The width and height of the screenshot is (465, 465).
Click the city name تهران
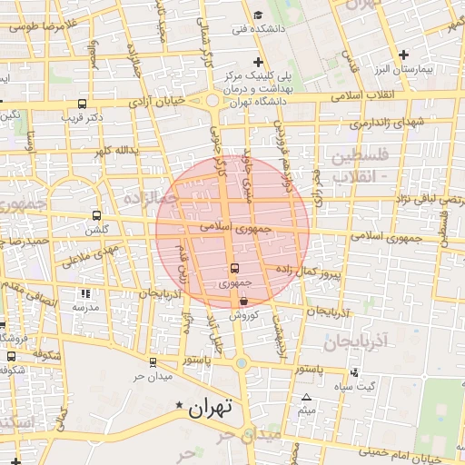212,408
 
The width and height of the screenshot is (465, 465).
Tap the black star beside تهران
180,405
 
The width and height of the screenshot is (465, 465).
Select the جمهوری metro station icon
234,268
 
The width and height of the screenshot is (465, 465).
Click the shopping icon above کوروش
244,302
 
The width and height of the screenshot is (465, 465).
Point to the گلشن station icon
96,216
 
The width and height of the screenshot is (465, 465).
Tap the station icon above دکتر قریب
83,104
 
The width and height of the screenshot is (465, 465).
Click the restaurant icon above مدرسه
85,293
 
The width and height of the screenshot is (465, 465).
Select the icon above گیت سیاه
353,372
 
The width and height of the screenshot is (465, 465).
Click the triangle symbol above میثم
306,398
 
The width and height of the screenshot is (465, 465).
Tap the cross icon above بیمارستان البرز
404,54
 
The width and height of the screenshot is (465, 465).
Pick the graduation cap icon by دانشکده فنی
258,15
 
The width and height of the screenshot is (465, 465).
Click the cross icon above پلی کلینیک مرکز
259,62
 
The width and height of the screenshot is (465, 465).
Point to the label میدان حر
152,376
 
